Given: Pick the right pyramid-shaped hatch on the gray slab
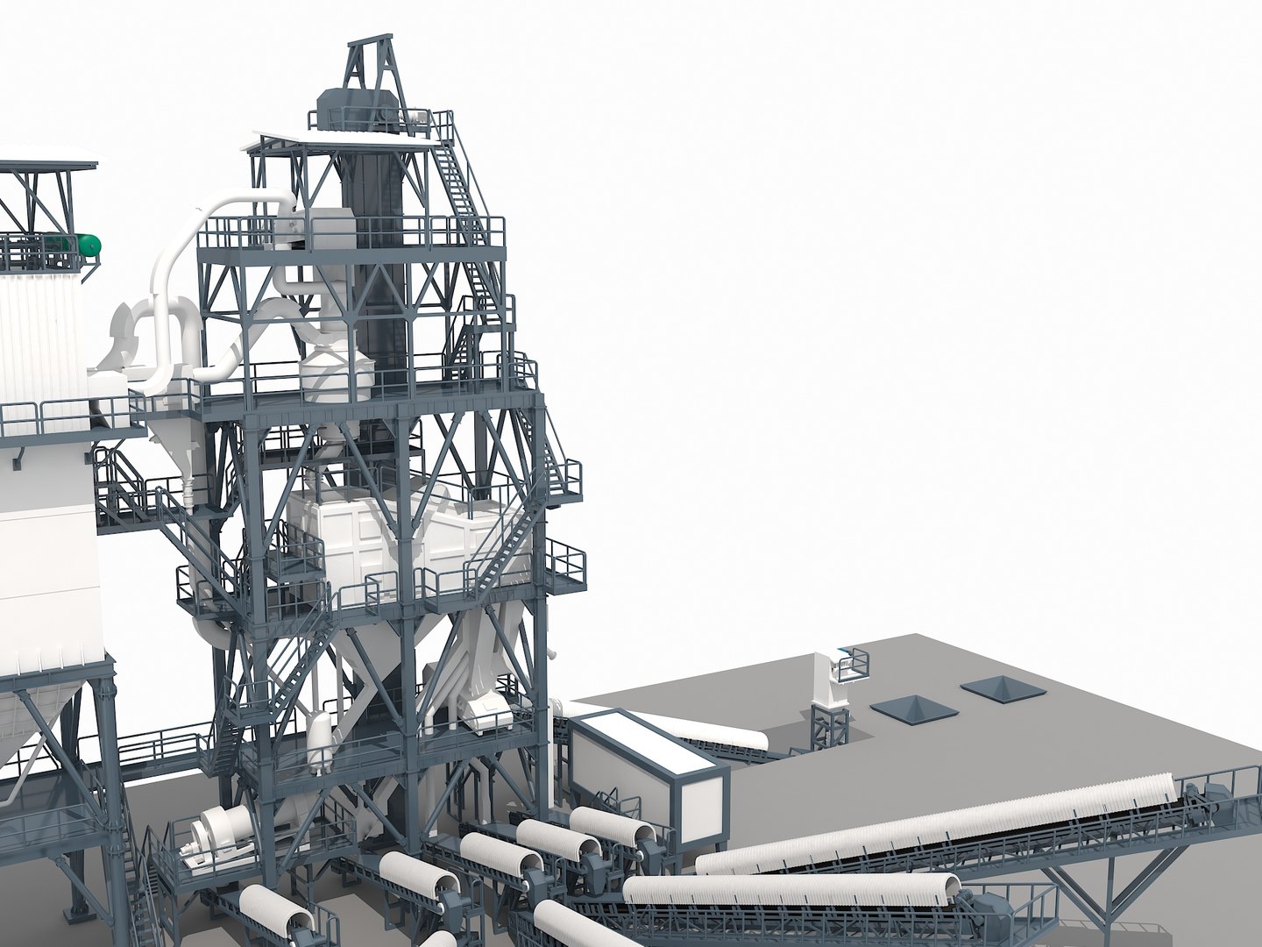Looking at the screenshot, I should (x=999, y=688).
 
